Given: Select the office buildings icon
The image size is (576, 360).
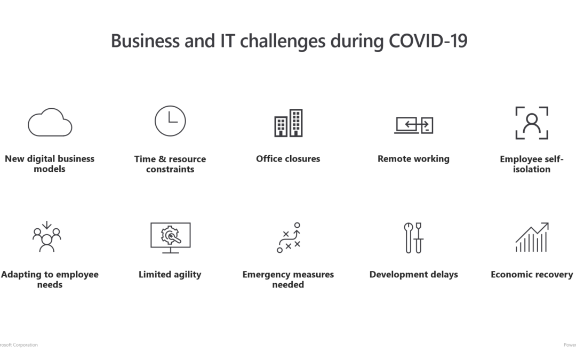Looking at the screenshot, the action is pyautogui.click(x=289, y=123).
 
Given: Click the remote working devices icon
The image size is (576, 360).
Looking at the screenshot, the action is pyautogui.click(x=414, y=125).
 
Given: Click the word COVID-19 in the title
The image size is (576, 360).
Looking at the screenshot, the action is pyautogui.click(x=428, y=41).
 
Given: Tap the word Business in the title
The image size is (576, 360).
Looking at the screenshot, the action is pyautogui.click(x=145, y=41).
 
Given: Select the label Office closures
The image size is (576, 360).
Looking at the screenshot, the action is pyautogui.click(x=288, y=159).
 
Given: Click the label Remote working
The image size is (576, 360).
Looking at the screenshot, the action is pyautogui.click(x=414, y=159).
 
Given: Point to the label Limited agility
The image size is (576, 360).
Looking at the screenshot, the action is pyautogui.click(x=170, y=275).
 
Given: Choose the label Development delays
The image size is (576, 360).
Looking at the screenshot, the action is pyautogui.click(x=414, y=275).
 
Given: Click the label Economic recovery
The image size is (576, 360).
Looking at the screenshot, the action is pyautogui.click(x=532, y=275).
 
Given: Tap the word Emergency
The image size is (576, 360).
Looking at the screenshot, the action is pyautogui.click(x=266, y=275).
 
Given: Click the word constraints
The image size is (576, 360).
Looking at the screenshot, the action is pyautogui.click(x=170, y=170).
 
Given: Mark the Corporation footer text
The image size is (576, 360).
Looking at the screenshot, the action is pyautogui.click(x=25, y=345).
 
